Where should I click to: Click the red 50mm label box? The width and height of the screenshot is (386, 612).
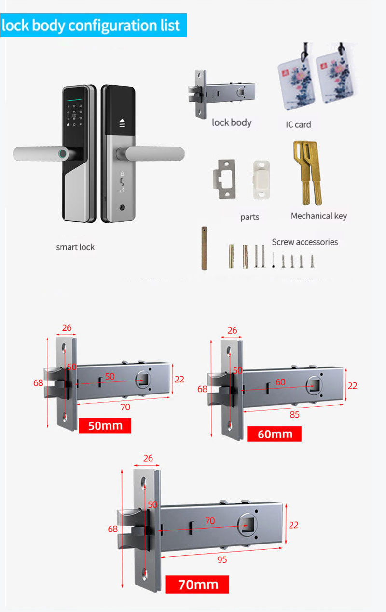(105, 425)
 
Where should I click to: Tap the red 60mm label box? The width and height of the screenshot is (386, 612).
(274, 434)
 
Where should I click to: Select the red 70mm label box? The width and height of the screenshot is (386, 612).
(197, 585)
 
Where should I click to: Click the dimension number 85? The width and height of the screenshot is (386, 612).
(294, 414)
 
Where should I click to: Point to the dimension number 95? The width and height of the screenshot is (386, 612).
(222, 560)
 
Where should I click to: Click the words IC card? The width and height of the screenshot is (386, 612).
(298, 124)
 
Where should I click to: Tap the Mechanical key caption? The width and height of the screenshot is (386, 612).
(319, 216)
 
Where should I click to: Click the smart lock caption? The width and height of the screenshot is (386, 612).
(75, 247)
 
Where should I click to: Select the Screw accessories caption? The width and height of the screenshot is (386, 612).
(305, 242)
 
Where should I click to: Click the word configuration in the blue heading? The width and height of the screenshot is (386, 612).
(112, 26)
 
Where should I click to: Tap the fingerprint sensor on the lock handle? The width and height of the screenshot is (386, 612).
(63, 154)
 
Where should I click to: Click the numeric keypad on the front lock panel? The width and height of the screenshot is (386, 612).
(74, 115)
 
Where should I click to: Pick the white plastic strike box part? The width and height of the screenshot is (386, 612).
(261, 179)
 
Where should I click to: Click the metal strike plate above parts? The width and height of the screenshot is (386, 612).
(224, 179)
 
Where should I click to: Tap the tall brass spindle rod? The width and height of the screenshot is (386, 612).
(204, 248)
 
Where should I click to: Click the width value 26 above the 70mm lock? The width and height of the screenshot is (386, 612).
(148, 458)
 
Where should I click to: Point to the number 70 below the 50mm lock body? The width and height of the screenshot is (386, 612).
(125, 407)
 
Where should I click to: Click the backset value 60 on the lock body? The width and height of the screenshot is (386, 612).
(280, 382)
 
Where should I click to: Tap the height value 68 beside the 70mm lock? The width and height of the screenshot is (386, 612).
(112, 529)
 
